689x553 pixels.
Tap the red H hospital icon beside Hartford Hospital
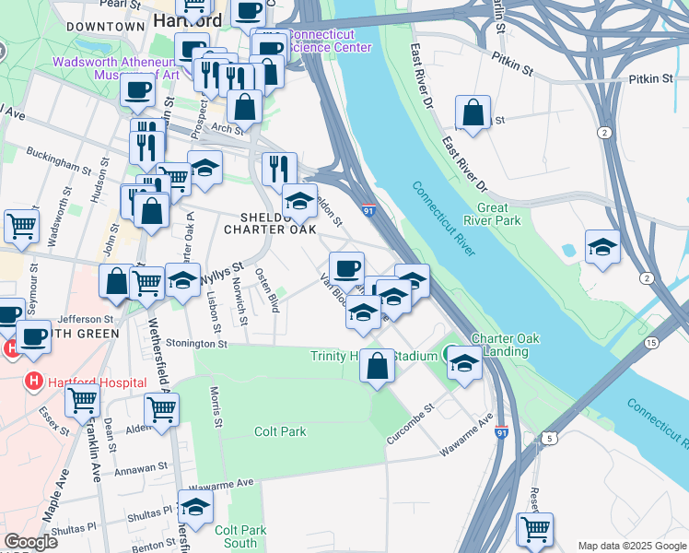34,380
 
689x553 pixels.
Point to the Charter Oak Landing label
499,345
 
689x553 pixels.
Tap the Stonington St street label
197,343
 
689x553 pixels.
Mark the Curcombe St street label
410,424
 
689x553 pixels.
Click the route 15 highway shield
652,342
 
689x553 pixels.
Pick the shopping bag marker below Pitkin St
473,113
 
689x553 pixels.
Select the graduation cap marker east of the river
602,247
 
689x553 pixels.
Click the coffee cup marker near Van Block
346,268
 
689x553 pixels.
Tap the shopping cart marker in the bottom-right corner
534,529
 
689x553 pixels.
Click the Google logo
31,542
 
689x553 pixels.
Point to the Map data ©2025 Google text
632,546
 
